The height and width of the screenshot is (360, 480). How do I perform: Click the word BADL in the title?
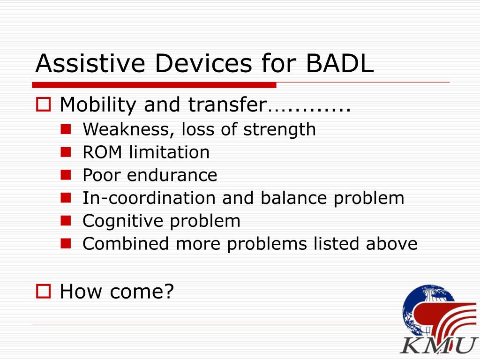pyautogui.click(x=339, y=63)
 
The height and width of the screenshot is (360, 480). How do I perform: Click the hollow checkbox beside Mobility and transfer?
pyautogui.click(x=44, y=105)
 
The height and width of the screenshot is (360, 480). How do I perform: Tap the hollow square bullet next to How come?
pyautogui.click(x=44, y=291)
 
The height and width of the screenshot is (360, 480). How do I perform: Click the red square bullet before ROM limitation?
pyautogui.click(x=66, y=152)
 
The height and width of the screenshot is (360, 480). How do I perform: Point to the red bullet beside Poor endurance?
pyautogui.click(x=66, y=175)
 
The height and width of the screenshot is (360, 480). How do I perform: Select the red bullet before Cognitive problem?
pyautogui.click(x=66, y=221)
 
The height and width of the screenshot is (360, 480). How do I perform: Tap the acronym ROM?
pyautogui.click(x=102, y=152)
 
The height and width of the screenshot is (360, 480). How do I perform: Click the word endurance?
pyautogui.click(x=172, y=175)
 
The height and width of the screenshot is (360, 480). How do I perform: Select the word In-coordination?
pyautogui.click(x=149, y=198)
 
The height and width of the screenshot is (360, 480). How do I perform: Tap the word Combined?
pyautogui.click(x=126, y=244)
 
